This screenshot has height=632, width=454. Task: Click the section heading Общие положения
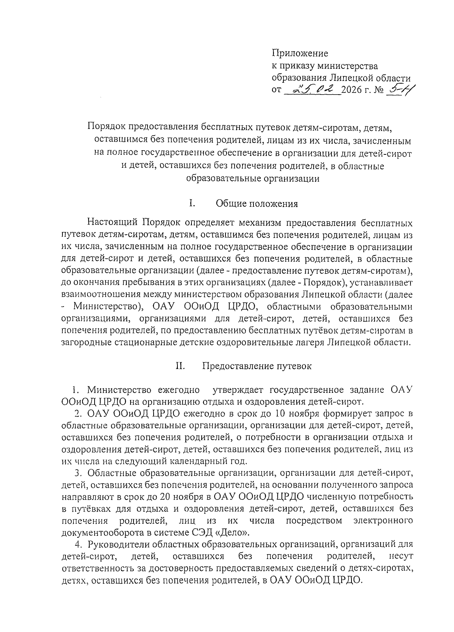click(x=257, y=204)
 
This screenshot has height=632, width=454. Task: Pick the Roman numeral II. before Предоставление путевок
click(x=180, y=366)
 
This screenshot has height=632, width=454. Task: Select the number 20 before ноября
click(x=166, y=496)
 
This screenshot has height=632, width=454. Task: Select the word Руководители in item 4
click(x=118, y=545)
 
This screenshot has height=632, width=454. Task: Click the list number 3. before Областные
click(x=79, y=473)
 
